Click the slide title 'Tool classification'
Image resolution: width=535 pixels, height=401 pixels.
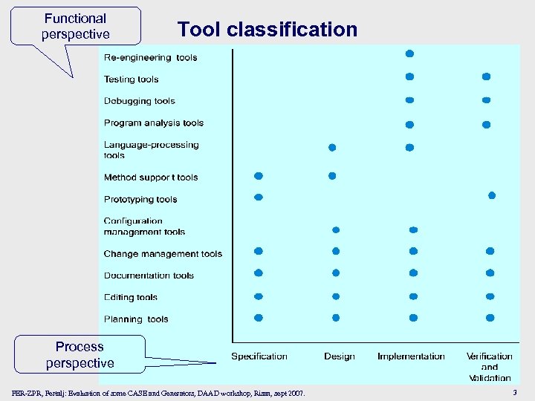click(x=267, y=30)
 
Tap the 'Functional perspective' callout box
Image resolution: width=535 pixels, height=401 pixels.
click(x=76, y=26)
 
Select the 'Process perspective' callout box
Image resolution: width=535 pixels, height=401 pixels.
click(x=80, y=355)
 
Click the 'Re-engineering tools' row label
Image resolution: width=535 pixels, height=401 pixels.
click(x=150, y=58)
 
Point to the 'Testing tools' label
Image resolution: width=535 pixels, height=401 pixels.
click(x=131, y=79)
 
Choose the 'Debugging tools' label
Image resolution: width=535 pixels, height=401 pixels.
click(x=139, y=101)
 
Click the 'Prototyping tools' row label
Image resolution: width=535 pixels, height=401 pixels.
click(x=140, y=199)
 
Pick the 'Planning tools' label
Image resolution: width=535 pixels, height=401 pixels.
click(x=136, y=319)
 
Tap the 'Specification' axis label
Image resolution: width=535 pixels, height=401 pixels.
click(x=259, y=356)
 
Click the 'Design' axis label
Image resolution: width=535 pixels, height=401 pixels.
click(x=339, y=356)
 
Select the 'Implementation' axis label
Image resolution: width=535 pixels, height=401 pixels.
click(x=411, y=356)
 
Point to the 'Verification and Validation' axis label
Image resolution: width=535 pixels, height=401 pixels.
click(x=490, y=367)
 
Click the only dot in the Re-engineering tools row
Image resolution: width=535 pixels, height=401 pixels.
click(x=409, y=53)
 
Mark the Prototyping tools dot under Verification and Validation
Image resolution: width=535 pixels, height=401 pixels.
click(x=491, y=195)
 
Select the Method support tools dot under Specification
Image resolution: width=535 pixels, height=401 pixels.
click(x=259, y=176)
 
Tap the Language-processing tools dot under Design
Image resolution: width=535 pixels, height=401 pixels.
click(x=332, y=147)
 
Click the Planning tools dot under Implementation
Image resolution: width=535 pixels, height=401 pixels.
click(x=413, y=317)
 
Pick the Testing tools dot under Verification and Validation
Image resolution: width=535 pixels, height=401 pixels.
click(x=486, y=76)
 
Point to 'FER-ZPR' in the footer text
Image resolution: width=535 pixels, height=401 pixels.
click(x=27, y=392)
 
